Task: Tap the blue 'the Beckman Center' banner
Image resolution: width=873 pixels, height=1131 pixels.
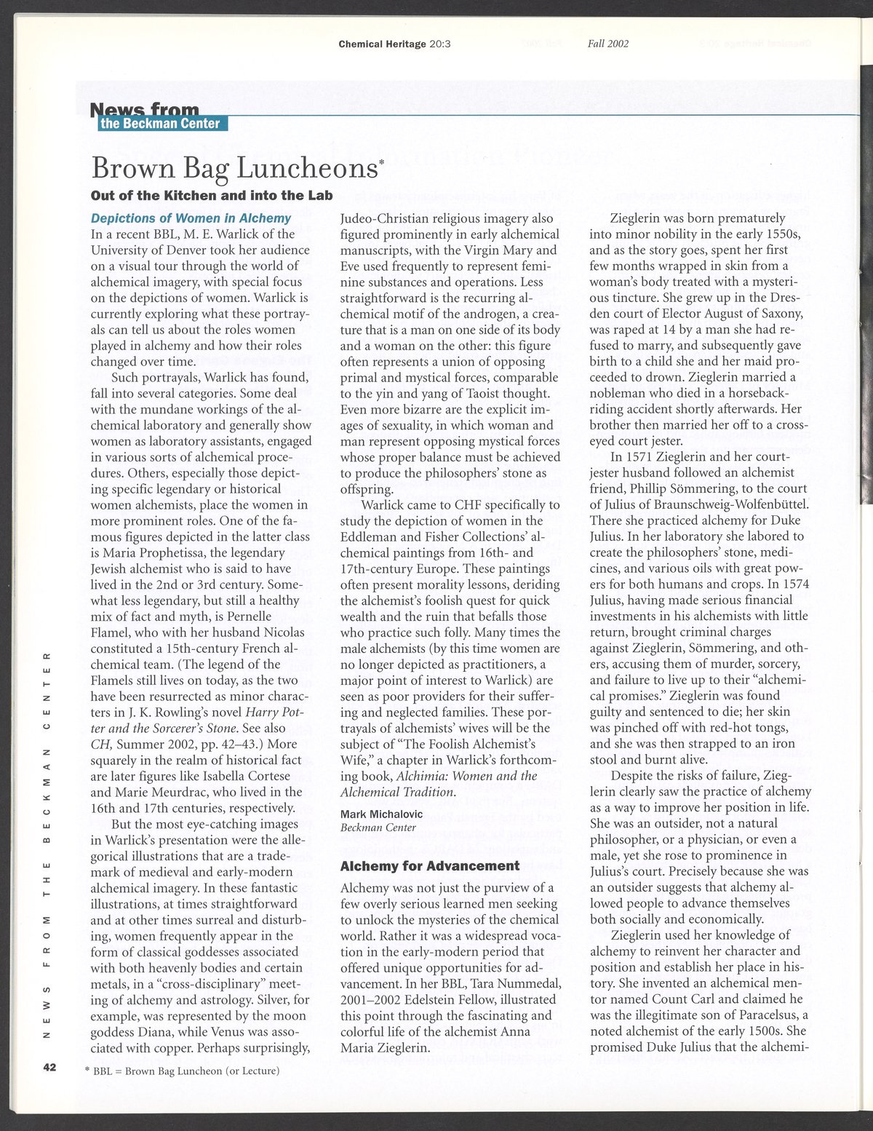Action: pos(161,124)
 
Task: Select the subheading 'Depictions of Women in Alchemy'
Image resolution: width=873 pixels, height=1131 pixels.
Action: pos(191,218)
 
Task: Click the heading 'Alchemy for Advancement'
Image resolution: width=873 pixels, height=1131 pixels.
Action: pos(430,866)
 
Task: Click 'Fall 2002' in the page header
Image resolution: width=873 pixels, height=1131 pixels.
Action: pos(608,44)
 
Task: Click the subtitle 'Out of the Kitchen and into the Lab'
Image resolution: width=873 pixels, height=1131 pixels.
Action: pos(212,195)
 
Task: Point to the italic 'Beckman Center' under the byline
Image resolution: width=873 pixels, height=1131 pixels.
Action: pos(378,828)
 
